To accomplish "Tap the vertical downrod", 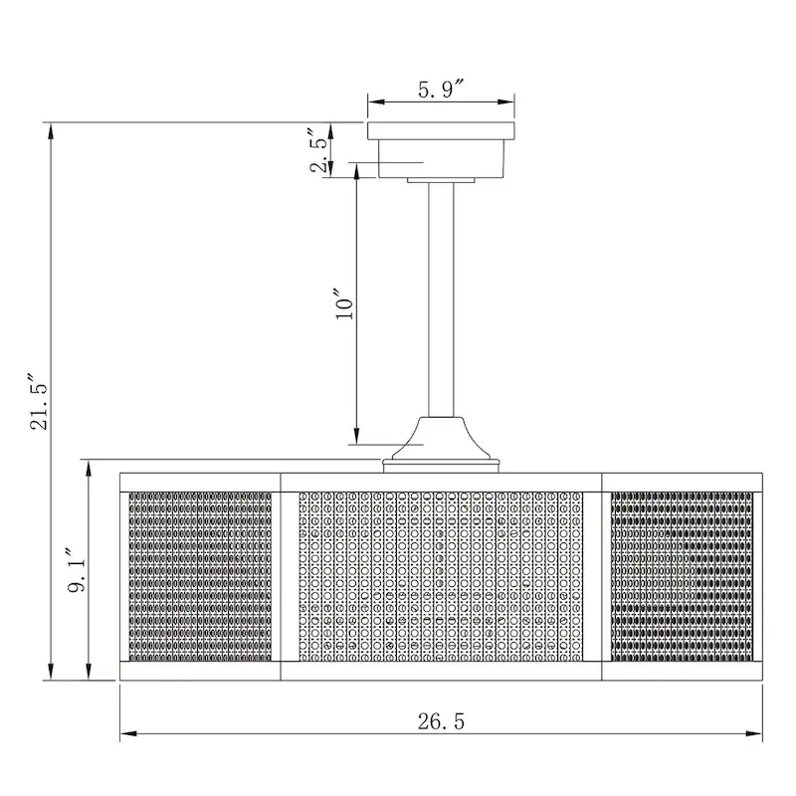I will click(x=441, y=298).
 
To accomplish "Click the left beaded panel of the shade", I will click(x=200, y=575).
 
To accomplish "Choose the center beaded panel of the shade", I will click(x=441, y=575).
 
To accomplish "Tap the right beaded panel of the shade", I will click(x=681, y=575).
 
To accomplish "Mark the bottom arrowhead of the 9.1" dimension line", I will click(x=91, y=674).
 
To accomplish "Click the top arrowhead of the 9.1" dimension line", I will click(x=91, y=467).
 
